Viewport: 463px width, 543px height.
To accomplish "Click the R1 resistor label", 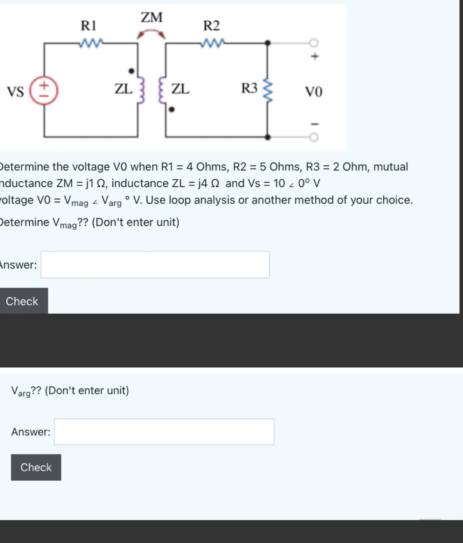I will (x=89, y=26).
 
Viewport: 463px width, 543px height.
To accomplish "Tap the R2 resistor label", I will (x=211, y=26).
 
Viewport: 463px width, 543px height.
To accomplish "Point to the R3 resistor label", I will (x=249, y=88).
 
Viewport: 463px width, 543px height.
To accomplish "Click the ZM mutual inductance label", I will (x=152, y=17).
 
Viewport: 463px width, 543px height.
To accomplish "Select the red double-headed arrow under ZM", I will (x=151, y=34).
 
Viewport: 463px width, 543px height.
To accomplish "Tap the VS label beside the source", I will (x=15, y=92).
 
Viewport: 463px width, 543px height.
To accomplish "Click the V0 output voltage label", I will (x=314, y=92).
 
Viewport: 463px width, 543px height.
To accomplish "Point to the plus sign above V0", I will (x=315, y=56).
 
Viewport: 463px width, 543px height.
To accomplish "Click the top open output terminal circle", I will (x=314, y=43).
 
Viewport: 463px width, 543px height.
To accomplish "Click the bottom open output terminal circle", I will (x=314, y=138).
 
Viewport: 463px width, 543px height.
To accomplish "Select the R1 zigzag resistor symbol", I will (x=92, y=42).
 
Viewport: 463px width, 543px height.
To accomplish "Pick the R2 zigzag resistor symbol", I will (x=213, y=42).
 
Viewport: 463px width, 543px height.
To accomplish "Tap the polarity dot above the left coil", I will (x=131, y=71).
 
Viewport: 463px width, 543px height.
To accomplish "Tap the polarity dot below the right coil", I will (x=172, y=109).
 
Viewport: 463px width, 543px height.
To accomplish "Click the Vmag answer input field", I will (x=155, y=265).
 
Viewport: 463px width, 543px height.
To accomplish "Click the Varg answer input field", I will (x=164, y=432).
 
